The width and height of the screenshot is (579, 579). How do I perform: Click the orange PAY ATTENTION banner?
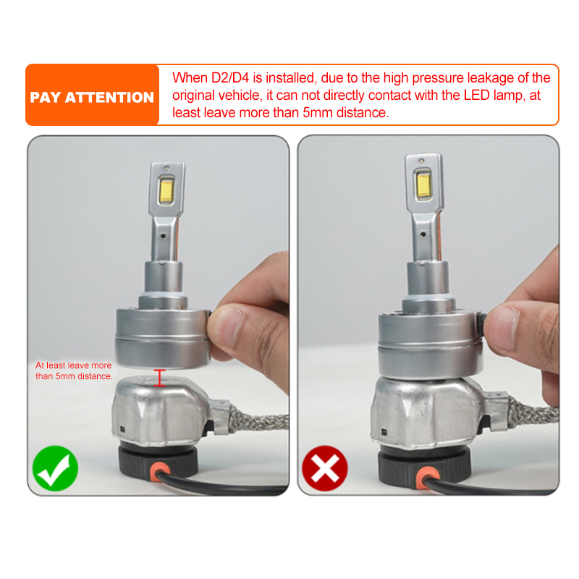[x=93, y=95]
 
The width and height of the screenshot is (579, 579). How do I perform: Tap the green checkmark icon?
[x=56, y=468]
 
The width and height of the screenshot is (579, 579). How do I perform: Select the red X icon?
[x=325, y=468]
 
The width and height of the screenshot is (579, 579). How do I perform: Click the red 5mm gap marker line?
[x=159, y=378]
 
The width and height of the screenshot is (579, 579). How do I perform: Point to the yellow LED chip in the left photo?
[x=166, y=190]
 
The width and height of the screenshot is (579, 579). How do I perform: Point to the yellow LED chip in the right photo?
[x=423, y=184]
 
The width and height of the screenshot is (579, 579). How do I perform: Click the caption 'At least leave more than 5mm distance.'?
[x=74, y=371]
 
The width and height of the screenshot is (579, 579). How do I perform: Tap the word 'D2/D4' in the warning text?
[x=230, y=78]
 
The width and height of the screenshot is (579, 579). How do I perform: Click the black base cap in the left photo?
[x=158, y=462]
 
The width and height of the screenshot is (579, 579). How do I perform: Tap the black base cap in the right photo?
[x=424, y=466]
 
